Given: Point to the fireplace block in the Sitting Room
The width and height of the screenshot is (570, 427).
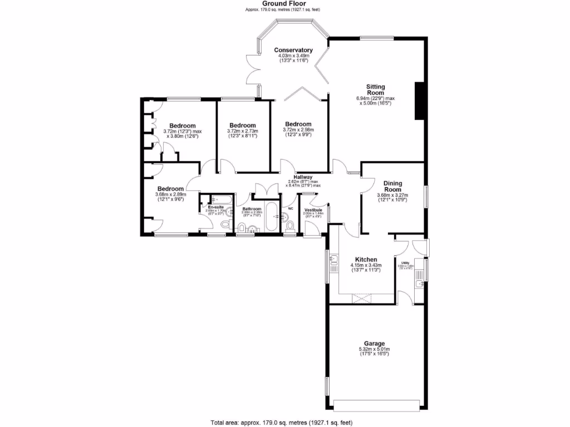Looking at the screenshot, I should pos(420,101).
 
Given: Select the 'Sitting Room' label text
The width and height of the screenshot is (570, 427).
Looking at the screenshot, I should pos(375,90).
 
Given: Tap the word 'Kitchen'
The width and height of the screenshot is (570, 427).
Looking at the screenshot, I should pos(366,260).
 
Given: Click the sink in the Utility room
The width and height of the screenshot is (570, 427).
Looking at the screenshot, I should pos(420,285).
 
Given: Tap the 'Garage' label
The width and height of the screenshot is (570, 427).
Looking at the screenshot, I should pos(375,344).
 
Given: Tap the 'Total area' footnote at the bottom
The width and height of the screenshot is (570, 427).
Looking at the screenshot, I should pos(281,422).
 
